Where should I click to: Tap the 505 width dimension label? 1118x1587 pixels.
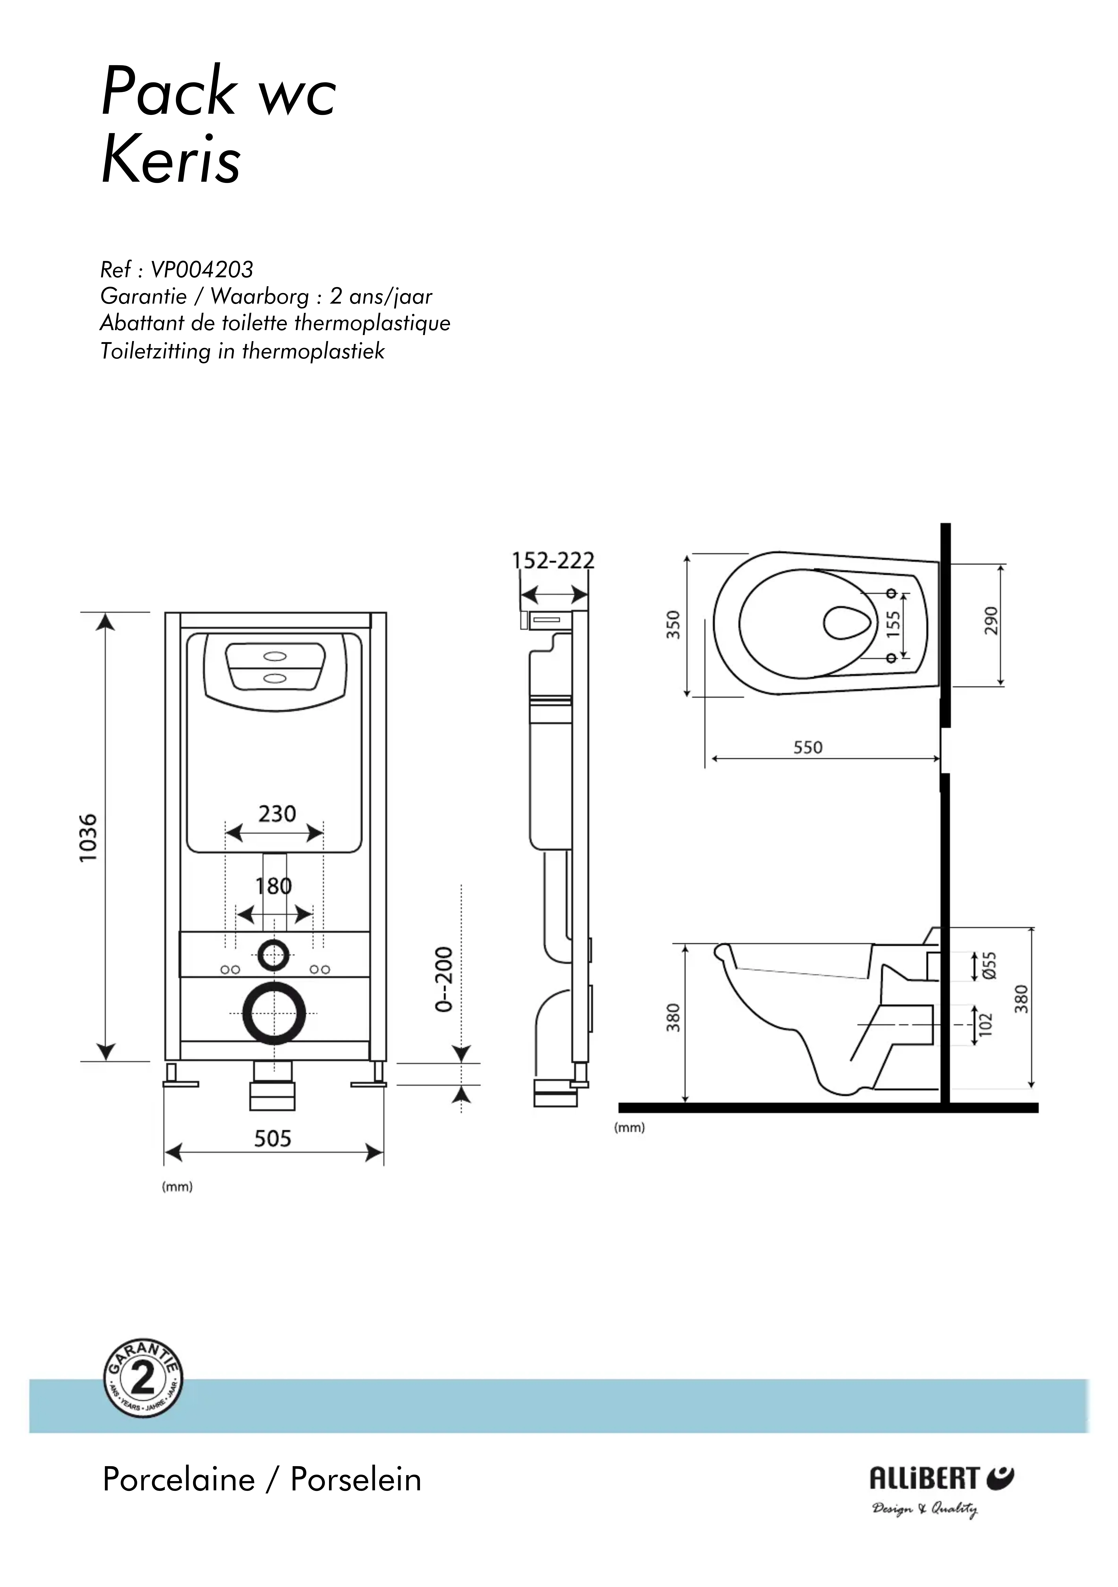[272, 1138]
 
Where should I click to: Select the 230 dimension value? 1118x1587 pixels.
[277, 814]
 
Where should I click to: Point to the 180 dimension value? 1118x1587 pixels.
[274, 886]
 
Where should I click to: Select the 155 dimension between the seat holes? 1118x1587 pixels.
[894, 624]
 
